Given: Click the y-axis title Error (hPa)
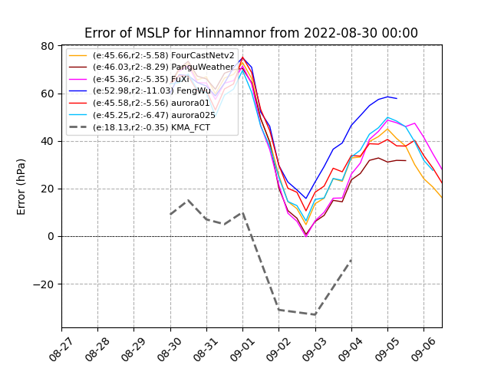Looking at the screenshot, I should [21, 186].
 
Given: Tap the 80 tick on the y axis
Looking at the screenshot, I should [48, 46].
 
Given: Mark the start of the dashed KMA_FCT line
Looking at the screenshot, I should [170, 214].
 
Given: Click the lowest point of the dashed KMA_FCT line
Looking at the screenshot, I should [315, 314].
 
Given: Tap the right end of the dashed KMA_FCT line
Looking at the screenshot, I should [351, 260].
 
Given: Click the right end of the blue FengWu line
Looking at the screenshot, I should [397, 98].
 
